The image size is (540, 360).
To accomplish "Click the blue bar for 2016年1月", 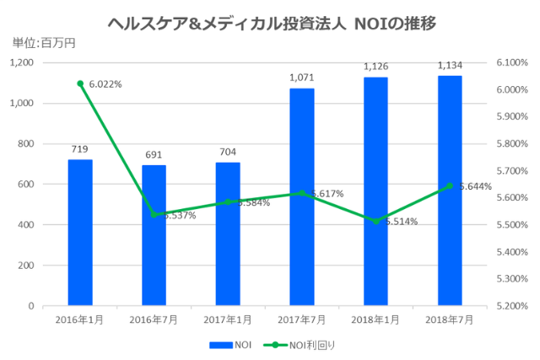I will point(80,233).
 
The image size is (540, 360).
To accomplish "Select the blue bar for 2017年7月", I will point(302,197).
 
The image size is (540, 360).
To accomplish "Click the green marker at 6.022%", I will point(80,83).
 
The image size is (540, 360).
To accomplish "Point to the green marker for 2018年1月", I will point(375,221).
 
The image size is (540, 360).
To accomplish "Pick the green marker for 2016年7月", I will point(154,214).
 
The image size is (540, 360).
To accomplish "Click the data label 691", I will point(154,155).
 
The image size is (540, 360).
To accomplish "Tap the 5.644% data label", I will point(477,186).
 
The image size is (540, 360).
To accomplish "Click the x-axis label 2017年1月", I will point(228,320).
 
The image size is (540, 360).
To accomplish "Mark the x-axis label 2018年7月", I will point(450,320).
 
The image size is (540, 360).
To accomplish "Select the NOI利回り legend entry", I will point(300,345).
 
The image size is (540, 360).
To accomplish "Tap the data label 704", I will point(228,153).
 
